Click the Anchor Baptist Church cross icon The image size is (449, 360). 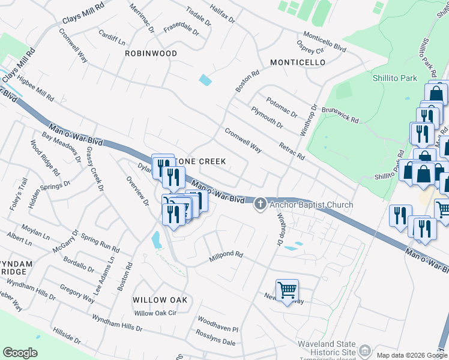[261, 205]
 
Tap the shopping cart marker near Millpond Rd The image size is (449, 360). [288, 290]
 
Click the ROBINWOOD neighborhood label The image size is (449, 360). [151, 53]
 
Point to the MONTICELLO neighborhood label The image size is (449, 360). [298, 62]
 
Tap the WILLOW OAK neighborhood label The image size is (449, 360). [160, 299]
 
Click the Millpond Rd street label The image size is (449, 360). [226, 256]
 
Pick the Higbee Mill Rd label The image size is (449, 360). [35, 88]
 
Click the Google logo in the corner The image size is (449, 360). [20, 352]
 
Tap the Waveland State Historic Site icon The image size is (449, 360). [364, 350]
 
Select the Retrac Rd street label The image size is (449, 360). [292, 151]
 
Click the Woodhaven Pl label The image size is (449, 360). [218, 329]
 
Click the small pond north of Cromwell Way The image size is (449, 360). [205, 79]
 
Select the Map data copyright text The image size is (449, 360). [411, 355]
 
